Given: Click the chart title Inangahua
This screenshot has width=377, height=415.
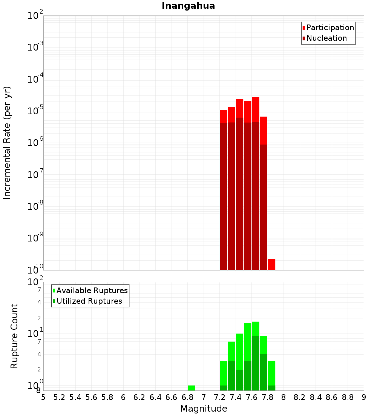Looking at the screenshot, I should (188, 6).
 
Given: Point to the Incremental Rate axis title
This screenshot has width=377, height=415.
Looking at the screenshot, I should (7, 143).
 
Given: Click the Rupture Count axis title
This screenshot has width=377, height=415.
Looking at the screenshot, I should (14, 336).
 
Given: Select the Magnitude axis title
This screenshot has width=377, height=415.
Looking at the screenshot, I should (204, 409).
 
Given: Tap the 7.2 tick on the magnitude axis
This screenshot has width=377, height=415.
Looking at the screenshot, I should (219, 397).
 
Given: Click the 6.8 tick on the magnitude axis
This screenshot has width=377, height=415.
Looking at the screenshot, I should (187, 397).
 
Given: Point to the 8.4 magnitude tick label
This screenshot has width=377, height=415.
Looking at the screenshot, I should (316, 397).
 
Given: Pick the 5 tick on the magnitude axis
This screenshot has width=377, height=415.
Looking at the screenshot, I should (43, 397).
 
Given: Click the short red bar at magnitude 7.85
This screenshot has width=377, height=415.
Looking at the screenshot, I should (271, 264).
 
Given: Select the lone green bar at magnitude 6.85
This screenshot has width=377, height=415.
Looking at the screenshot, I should (192, 388).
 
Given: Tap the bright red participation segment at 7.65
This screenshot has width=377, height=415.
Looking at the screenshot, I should (256, 109).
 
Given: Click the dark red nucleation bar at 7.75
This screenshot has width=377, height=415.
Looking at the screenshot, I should (264, 207).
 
